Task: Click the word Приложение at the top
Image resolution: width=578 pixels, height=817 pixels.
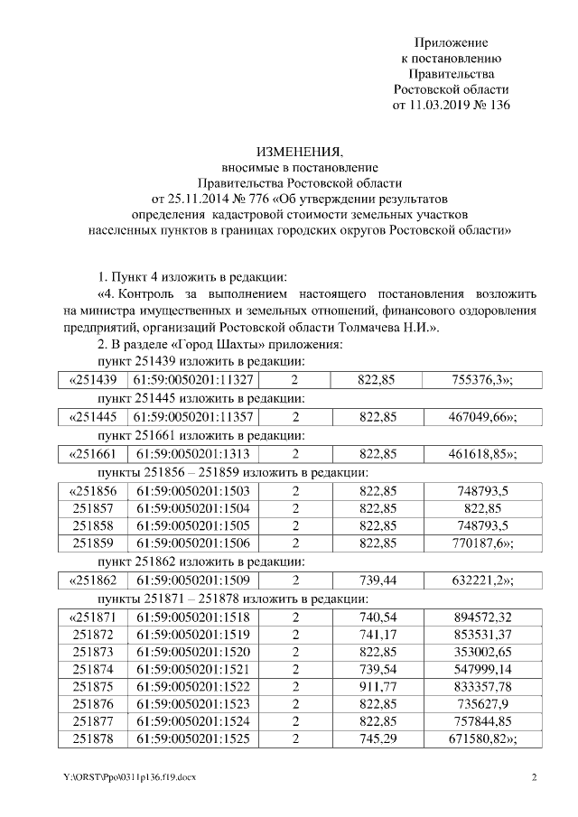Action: point(451,42)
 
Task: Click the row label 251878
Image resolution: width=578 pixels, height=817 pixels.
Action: point(92,741)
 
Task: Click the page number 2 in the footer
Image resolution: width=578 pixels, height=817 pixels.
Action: point(534,777)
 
